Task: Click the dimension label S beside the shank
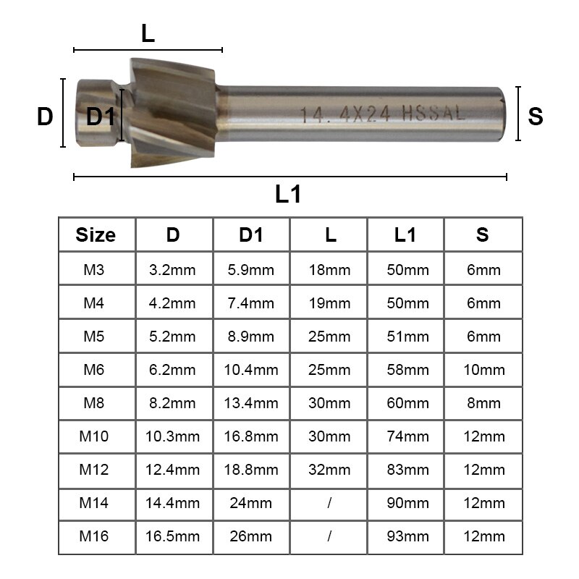[536, 117]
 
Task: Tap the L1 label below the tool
[287, 195]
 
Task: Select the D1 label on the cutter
[101, 117]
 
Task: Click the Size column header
[96, 235]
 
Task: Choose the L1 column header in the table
[405, 235]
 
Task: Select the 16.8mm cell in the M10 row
[252, 436]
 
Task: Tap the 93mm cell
[405, 536]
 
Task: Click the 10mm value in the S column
[483, 370]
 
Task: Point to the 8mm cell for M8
[483, 403]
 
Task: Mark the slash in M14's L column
[329, 503]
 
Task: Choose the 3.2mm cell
[172, 271]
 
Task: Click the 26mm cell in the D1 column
[252, 536]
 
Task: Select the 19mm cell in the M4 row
[329, 304]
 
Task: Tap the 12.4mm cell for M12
[172, 470]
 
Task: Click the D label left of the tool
[45, 117]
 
